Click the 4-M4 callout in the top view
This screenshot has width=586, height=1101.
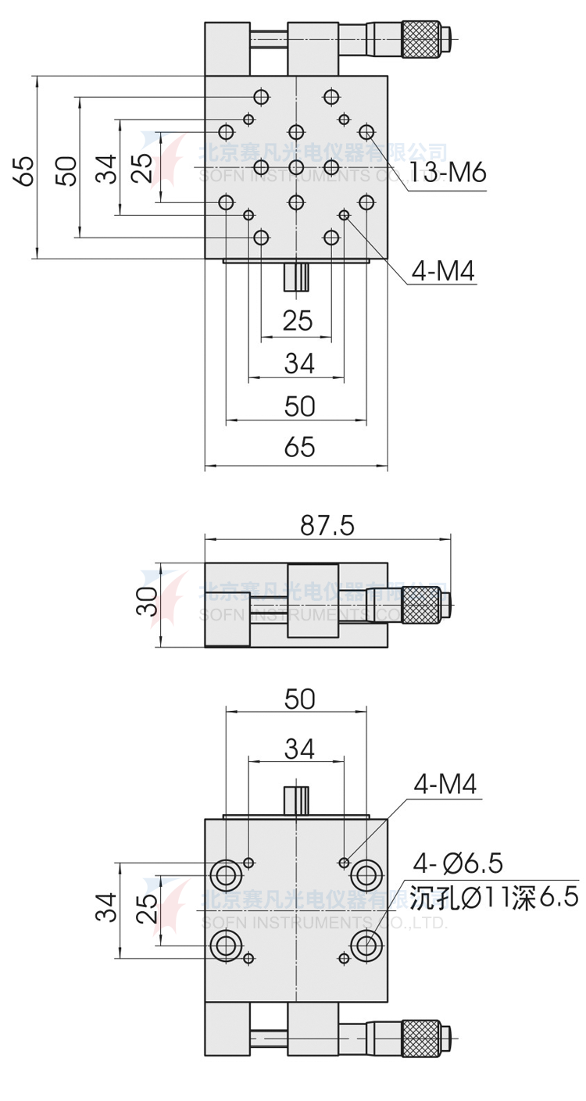click(x=442, y=270)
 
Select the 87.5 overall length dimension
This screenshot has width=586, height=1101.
click(x=327, y=525)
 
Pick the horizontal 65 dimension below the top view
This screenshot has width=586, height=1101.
click(x=298, y=447)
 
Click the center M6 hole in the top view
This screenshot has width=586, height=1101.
click(x=296, y=167)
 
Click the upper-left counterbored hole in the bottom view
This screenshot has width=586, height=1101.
click(x=226, y=874)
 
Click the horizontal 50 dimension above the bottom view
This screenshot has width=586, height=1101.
click(x=298, y=699)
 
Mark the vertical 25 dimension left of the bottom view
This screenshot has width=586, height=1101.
click(x=148, y=910)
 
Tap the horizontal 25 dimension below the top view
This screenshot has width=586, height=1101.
click(x=297, y=320)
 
